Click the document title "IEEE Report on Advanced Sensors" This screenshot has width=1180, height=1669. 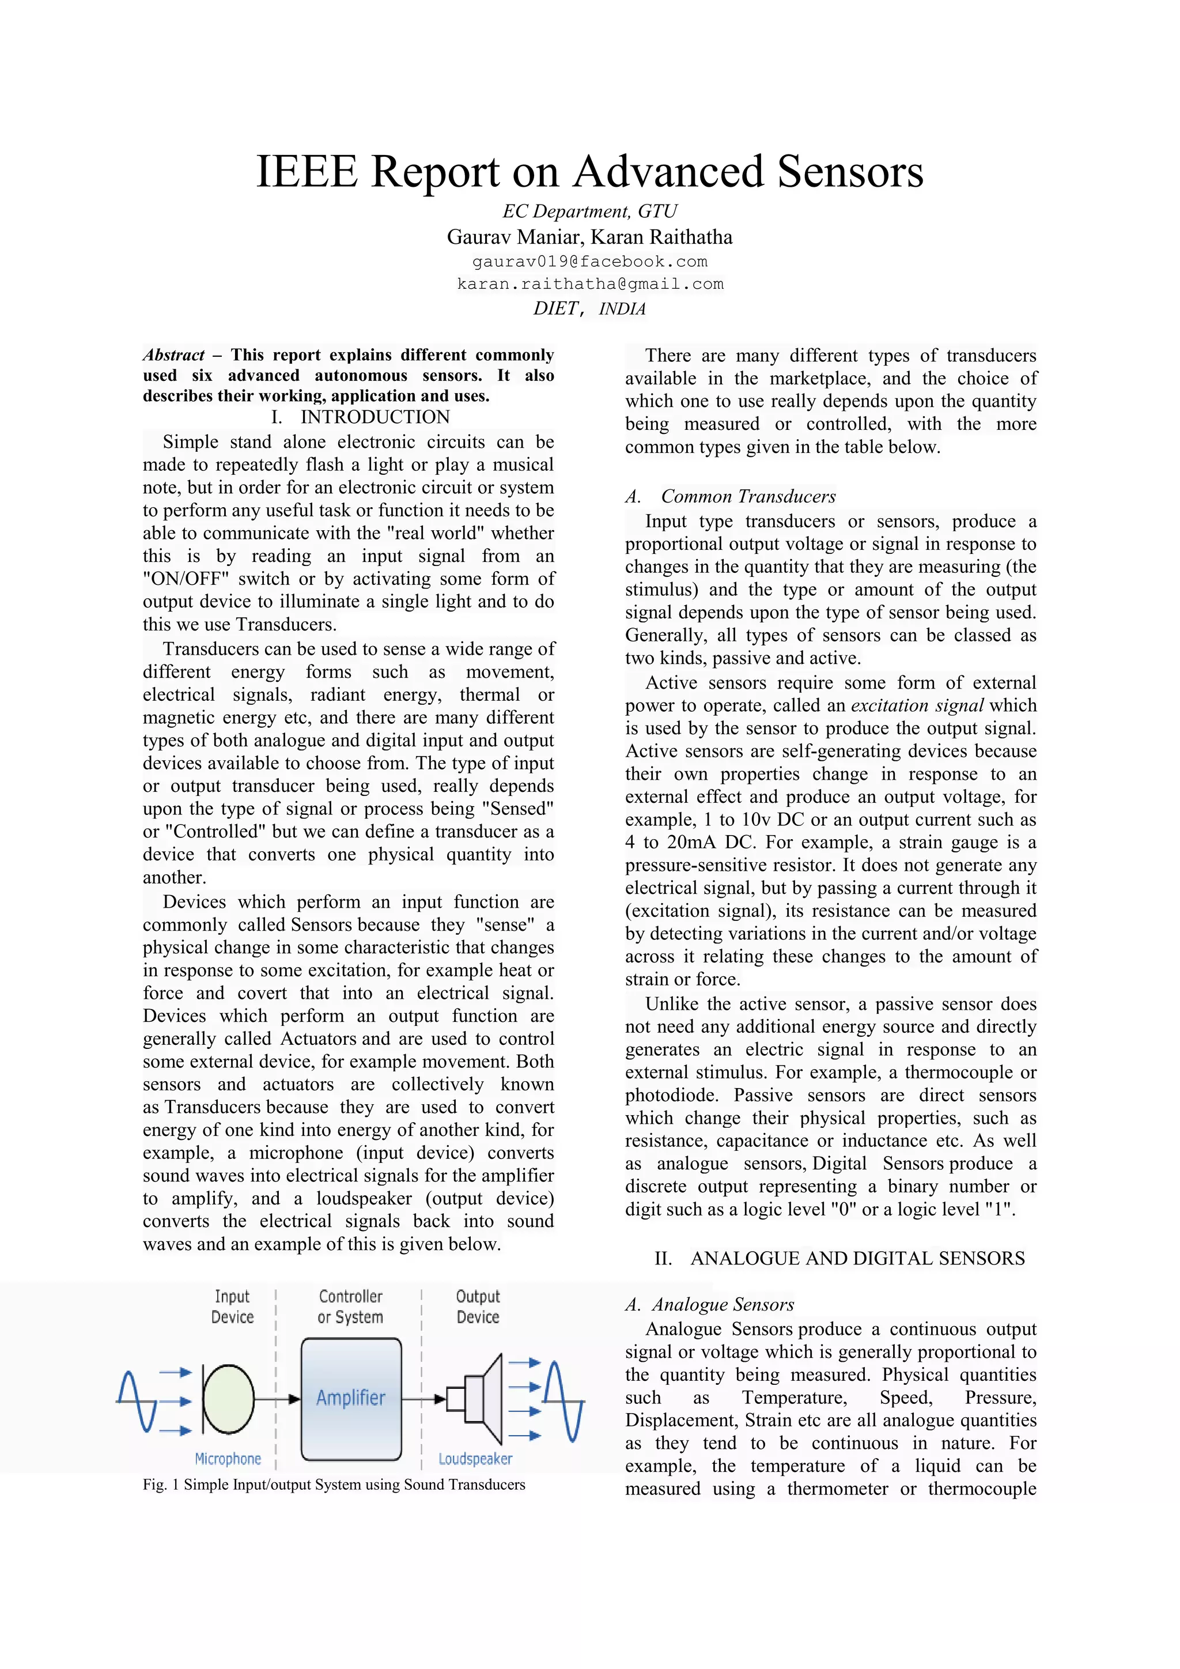pos(589,172)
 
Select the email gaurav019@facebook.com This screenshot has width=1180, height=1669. pos(589,262)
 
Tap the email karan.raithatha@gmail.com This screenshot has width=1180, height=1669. pos(590,284)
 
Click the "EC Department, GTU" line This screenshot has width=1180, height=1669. pos(589,212)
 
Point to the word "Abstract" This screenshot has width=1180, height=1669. pos(173,356)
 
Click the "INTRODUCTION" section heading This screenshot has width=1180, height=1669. pos(375,417)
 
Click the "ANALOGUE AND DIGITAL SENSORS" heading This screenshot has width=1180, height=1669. pos(857,1258)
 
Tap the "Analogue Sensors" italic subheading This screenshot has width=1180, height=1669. pos(723,1304)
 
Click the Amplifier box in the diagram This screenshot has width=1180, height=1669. pos(351,1398)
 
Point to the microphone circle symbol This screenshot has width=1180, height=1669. pos(228,1399)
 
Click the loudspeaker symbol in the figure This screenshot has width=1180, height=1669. pos(476,1398)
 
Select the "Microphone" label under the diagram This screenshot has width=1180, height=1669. pos(228,1459)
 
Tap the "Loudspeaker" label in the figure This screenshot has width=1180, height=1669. pos(475,1459)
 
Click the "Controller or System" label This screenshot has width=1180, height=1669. pos(350,1307)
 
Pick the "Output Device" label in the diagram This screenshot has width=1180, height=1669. pos(478,1307)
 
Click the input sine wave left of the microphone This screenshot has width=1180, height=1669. pos(137,1401)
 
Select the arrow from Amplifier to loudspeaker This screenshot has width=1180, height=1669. pos(423,1399)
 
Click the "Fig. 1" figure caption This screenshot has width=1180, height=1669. pos(334,1485)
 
